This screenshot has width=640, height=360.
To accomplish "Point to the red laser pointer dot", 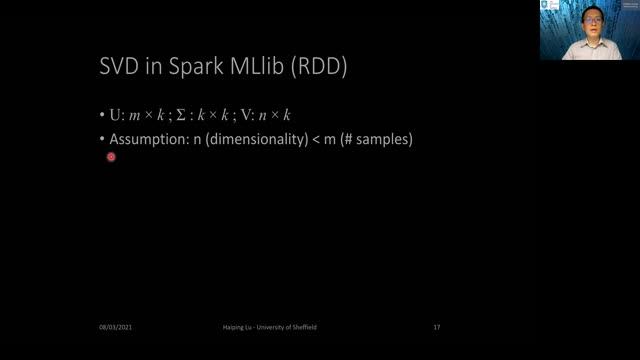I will click(x=111, y=156).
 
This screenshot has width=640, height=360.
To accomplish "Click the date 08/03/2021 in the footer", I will click(x=116, y=327).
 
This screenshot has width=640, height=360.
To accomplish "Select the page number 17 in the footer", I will click(x=437, y=327).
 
